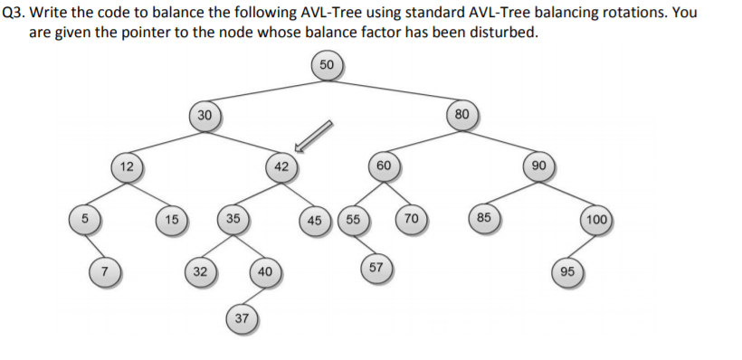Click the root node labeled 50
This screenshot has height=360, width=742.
tap(327, 65)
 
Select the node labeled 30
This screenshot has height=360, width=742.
tap(205, 115)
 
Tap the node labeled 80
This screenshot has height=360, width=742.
tap(462, 115)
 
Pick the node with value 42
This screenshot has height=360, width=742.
tap(281, 166)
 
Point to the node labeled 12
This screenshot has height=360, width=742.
tap(128, 166)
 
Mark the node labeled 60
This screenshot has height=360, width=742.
tap(384, 166)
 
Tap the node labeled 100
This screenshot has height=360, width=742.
tap(596, 220)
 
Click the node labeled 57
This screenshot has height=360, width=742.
tap(376, 269)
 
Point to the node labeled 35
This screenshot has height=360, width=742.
tap(233, 219)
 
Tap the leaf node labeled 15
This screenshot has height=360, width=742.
tap(171, 219)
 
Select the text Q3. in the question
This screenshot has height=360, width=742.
tap(15, 14)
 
